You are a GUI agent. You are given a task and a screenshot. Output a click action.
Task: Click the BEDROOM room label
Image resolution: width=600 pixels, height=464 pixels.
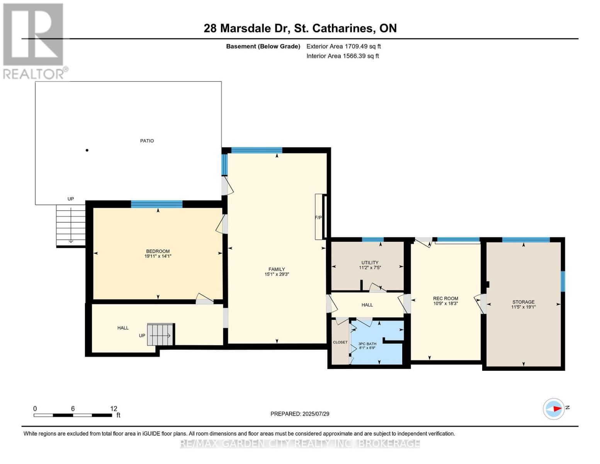click(158, 251)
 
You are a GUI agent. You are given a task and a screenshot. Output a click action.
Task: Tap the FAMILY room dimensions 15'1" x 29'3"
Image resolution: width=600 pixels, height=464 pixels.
click(277, 275)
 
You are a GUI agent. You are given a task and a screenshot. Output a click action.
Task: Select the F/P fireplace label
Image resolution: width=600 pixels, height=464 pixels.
click(318, 218)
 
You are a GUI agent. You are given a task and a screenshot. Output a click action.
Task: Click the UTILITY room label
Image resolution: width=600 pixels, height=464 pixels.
click(370, 263)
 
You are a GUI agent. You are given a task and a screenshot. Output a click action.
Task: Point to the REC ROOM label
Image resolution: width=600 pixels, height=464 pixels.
click(445, 299)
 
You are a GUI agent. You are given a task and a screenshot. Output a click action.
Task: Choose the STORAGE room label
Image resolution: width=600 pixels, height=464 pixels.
click(524, 302)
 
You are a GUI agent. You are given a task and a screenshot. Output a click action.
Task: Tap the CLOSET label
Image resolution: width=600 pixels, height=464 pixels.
click(340, 342)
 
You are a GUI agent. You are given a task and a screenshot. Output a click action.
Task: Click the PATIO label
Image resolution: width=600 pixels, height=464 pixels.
click(147, 141)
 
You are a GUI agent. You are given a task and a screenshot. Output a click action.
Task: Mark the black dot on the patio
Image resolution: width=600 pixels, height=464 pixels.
click(87, 150)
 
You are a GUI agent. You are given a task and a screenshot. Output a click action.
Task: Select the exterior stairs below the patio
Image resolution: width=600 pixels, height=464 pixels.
click(71, 225)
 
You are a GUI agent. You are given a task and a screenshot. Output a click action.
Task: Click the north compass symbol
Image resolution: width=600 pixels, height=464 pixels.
click(554, 409)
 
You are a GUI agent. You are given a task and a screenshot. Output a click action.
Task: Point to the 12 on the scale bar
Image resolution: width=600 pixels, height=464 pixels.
click(113, 409)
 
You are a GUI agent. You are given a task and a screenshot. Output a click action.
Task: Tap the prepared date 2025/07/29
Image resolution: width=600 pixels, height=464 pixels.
click(300, 414)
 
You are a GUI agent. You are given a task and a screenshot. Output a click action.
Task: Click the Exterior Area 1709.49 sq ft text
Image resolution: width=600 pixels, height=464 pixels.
click(343, 46)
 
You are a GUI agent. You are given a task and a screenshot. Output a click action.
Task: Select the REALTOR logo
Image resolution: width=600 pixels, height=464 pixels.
click(34, 41)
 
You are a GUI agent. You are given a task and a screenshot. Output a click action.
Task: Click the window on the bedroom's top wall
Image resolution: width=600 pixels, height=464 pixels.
click(156, 204)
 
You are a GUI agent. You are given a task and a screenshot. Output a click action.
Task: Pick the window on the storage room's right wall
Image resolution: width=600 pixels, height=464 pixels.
click(563, 281)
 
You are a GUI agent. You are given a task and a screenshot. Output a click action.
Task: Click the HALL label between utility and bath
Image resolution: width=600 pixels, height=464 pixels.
click(367, 305)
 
